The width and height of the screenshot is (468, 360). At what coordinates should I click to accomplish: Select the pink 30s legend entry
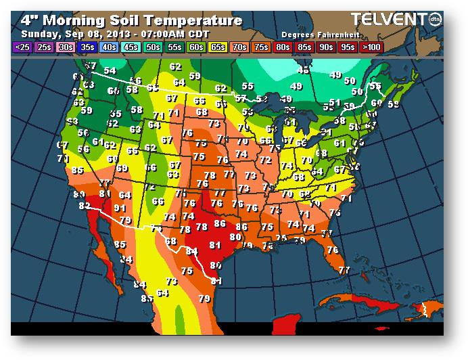(x=66, y=47)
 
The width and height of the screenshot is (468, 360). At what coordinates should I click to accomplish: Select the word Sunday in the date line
(x=38, y=33)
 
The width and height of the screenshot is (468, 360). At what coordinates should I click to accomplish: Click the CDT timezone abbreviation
(x=200, y=33)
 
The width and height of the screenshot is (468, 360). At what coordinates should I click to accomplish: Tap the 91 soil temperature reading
(x=120, y=208)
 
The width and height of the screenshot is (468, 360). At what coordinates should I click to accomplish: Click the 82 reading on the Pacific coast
(x=85, y=206)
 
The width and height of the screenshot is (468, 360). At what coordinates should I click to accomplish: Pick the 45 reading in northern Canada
(x=304, y=70)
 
